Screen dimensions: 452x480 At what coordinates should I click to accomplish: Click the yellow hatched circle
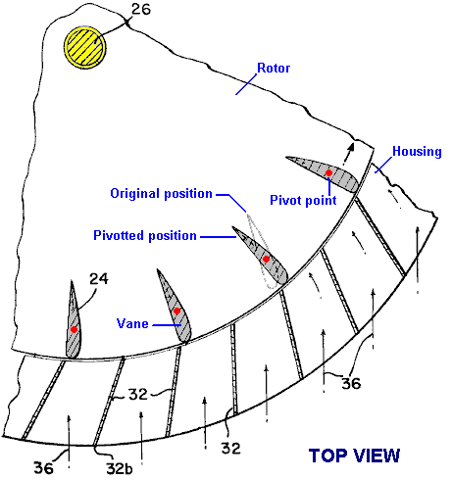85,47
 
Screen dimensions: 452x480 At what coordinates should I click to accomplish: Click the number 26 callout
141,9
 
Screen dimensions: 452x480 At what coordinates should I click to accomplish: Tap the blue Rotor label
274,68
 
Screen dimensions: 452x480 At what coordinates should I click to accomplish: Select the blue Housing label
417,151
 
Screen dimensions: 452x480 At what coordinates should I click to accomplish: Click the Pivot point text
303,200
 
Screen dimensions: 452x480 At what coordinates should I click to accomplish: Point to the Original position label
162,193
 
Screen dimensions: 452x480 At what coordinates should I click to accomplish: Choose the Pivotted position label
145,235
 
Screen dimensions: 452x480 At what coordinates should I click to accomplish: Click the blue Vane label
132,323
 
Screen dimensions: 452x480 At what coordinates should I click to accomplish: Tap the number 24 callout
99,279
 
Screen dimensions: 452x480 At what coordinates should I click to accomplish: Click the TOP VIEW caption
354,456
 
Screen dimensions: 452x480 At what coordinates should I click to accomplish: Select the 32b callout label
120,468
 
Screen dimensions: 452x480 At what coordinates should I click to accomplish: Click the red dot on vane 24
74,329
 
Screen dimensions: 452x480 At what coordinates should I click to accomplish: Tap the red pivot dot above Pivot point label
328,172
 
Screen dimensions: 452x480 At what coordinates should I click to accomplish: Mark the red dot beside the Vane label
176,312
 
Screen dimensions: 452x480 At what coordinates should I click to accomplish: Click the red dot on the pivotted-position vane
266,260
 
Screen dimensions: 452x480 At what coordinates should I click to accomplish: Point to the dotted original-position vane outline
252,228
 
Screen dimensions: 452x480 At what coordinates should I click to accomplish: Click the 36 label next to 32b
43,468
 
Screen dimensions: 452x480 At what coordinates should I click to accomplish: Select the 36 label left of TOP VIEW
351,383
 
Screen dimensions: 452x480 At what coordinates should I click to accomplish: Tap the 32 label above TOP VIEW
231,448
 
